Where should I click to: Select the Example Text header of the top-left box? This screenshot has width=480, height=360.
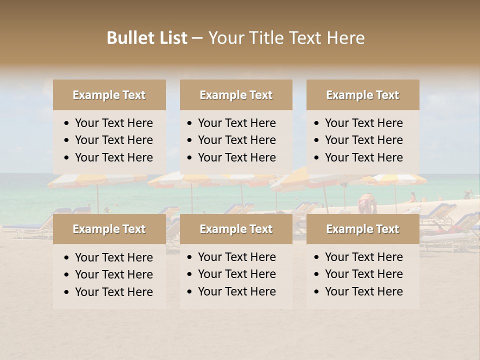[x=109, y=95]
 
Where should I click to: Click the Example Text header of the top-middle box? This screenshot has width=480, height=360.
[x=236, y=95]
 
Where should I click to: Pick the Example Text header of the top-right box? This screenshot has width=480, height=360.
[x=362, y=95]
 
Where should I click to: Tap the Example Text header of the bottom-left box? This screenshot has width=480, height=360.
[x=109, y=229]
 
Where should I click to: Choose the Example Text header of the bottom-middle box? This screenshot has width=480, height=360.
[x=236, y=229]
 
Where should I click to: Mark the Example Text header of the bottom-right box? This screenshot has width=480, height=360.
[x=362, y=229]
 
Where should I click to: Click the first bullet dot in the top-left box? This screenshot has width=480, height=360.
[x=66, y=123]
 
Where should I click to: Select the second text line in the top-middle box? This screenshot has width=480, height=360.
[x=236, y=140]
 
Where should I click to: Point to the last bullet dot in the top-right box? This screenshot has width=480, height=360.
[x=316, y=158]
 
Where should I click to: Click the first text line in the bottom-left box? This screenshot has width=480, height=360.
[x=113, y=257]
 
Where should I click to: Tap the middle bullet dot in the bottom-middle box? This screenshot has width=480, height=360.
[x=189, y=274]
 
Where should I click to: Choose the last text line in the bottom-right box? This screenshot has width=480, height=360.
[x=363, y=291]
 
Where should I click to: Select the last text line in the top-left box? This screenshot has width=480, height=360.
[x=113, y=157]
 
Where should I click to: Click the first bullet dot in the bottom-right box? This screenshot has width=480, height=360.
[x=316, y=257]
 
